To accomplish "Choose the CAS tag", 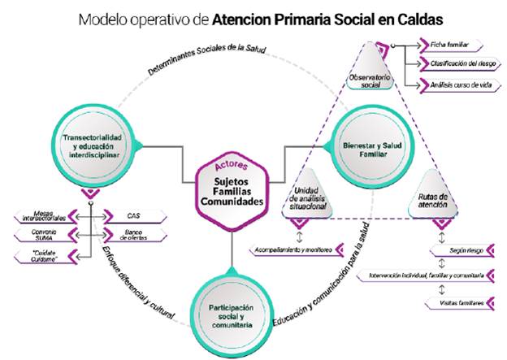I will pos(134,215).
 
